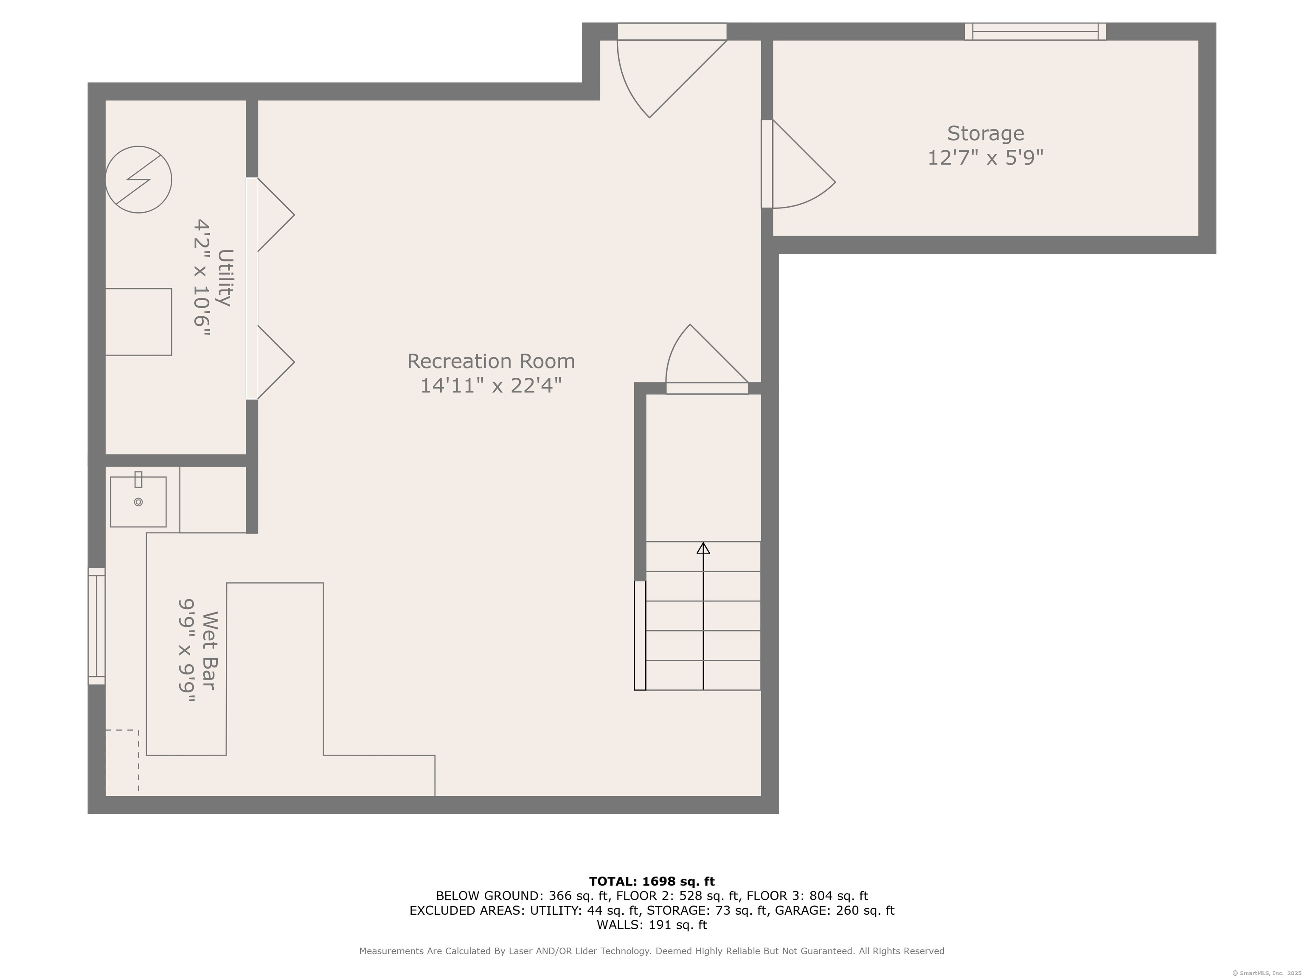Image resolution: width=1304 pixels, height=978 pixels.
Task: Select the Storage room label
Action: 985,134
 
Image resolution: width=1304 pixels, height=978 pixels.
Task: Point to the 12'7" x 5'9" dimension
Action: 985,158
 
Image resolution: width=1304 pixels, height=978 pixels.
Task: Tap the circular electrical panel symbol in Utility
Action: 138,180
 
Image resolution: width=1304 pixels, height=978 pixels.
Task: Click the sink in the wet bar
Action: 138,500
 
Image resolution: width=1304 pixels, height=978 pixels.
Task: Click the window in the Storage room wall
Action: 1035,31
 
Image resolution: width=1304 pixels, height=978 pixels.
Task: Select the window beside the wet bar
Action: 97,626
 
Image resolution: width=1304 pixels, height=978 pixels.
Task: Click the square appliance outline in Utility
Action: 138,322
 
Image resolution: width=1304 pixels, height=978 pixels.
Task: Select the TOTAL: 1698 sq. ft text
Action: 652,881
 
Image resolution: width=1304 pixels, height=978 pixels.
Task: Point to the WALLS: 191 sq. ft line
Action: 652,925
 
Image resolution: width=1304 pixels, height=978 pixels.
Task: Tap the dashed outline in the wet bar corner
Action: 122,761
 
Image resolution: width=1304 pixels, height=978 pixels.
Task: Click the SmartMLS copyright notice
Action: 1266,973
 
